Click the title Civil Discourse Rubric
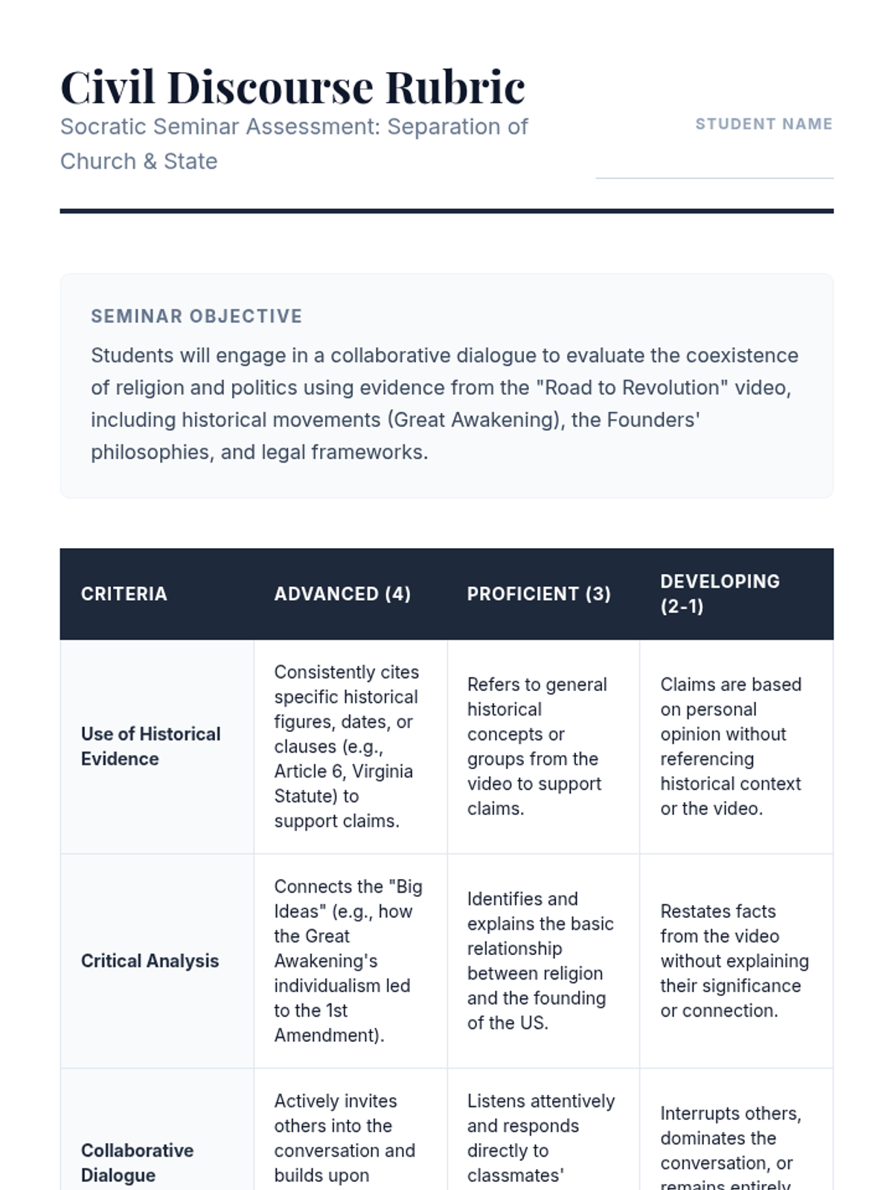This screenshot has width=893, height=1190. pyautogui.click(x=292, y=87)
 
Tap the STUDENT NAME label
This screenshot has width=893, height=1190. pyautogui.click(x=764, y=124)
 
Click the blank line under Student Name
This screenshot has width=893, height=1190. pyautogui.click(x=714, y=177)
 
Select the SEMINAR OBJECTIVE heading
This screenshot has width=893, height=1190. pyautogui.click(x=196, y=316)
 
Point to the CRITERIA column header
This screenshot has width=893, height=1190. pyautogui.click(x=124, y=594)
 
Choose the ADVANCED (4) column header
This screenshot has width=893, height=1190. pyautogui.click(x=342, y=594)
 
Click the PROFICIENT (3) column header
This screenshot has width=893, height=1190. pyautogui.click(x=539, y=594)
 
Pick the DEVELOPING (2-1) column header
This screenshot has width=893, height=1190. pyautogui.click(x=720, y=594)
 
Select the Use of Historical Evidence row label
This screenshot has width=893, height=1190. pyautogui.click(x=150, y=746)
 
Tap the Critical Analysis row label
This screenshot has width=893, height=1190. pyautogui.click(x=150, y=961)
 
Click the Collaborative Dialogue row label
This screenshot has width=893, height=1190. pyautogui.click(x=137, y=1162)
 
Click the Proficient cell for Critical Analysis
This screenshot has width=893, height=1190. pyautogui.click(x=540, y=961)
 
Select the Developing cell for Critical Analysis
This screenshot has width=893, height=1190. pyautogui.click(x=734, y=961)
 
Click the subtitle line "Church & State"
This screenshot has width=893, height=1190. pyautogui.click(x=139, y=161)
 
